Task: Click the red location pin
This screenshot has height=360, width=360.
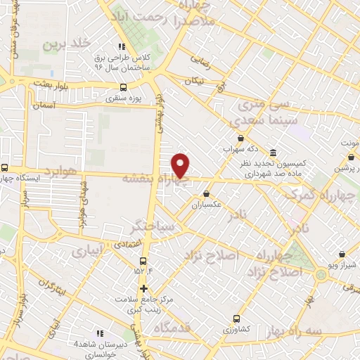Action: coord(181,165)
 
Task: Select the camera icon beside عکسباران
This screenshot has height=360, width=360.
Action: coord(206,193)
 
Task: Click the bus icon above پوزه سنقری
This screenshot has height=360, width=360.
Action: coord(124,88)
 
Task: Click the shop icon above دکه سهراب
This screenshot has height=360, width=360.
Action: coord(241,139)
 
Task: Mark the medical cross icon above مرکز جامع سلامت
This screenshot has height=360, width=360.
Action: coord(143,288)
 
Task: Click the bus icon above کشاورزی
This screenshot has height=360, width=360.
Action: coord(237,318)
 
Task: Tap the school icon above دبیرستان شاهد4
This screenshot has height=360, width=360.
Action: coord(99,333)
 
